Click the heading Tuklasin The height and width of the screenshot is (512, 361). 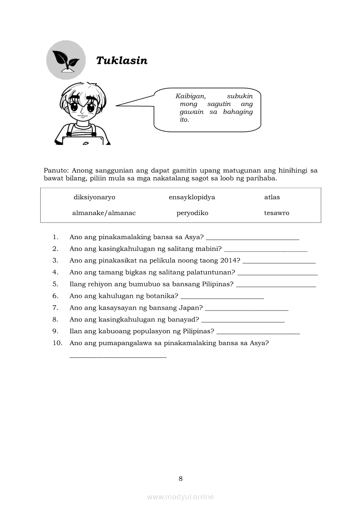pos(121,60)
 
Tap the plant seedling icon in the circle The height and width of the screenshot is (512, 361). pos(66,60)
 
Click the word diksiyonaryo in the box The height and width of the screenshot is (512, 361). pos(94,197)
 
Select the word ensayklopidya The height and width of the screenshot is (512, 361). pos(192,197)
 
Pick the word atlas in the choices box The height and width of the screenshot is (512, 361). pos(272,197)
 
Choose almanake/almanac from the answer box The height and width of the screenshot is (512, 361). pos(104,213)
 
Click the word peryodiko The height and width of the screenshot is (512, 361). pos(192,213)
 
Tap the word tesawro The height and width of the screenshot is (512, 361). pos(277,213)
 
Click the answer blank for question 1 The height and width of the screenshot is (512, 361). pos(252,239)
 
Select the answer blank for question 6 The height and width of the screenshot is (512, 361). pos(222,298)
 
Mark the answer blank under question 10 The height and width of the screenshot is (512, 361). pos(118,357)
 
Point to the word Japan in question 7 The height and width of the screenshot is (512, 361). pos(191,307)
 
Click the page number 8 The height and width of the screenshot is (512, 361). pos(180,479)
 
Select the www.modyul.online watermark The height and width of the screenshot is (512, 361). pos(180,497)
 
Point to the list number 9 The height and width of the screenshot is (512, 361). pos(55,331)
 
